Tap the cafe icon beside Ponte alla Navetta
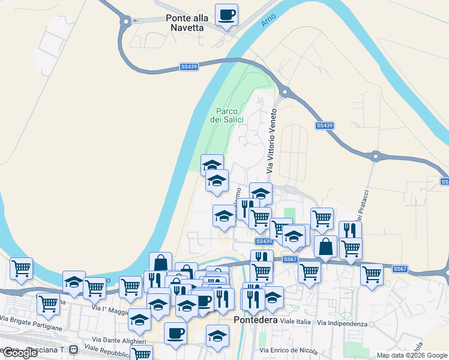pos(226,14)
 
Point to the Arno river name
pos(268,20)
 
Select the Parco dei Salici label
pos(227,115)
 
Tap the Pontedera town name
pos(258,320)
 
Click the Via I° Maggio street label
pos(111,311)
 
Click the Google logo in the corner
pos(20,353)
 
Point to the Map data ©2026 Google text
pos(412,355)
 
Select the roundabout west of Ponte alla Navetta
pos(125,22)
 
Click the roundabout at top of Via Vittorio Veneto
pos(284,92)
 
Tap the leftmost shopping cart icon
pos(21,268)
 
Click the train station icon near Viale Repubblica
pos(73,349)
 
